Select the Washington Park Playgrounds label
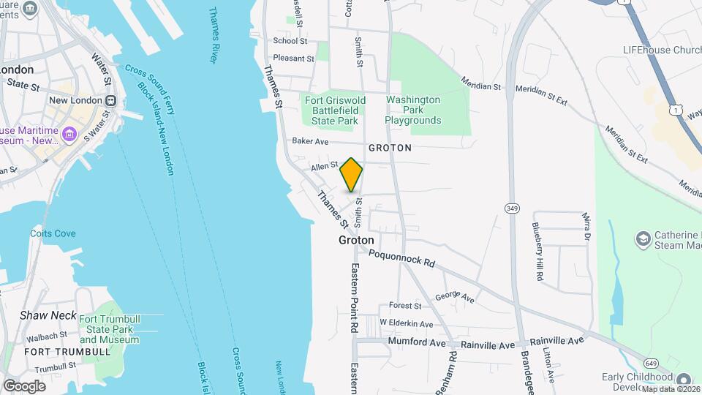click(413, 110)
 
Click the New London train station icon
click(110, 100)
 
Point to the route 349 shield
click(511, 208)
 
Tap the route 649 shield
click(650, 363)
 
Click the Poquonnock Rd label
click(401, 257)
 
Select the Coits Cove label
click(53, 233)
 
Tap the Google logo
click(24, 385)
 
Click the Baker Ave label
click(310, 141)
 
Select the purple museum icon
click(69, 134)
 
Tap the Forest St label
click(405, 306)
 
